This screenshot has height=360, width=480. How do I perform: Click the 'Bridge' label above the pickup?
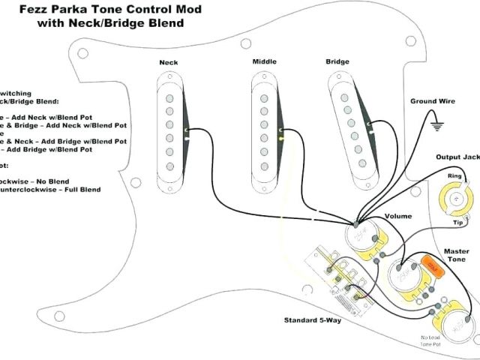(x=337, y=61)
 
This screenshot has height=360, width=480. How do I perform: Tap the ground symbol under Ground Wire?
(x=435, y=125)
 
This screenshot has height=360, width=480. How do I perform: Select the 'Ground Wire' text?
(x=433, y=100)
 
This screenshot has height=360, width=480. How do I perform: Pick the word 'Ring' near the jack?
(x=454, y=177)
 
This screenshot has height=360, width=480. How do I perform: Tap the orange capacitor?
(x=430, y=264)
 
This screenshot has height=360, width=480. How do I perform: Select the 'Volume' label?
(x=398, y=216)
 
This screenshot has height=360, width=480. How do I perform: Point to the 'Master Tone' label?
(x=456, y=256)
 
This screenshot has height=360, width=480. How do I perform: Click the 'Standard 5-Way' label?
(x=310, y=320)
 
